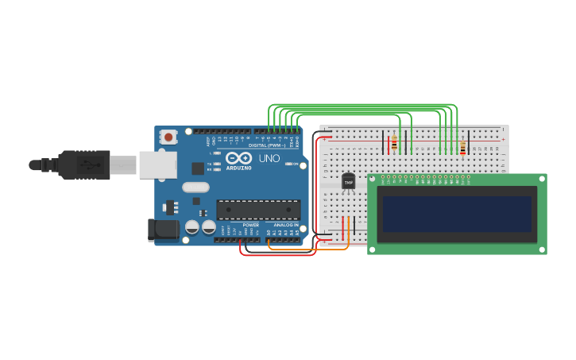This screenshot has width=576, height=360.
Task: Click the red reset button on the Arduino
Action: coord(168,137)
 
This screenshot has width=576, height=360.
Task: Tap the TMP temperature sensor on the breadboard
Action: coord(348,182)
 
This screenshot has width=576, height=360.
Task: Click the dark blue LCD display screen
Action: coord(457,214)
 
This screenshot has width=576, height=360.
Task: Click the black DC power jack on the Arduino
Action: coord(164,230)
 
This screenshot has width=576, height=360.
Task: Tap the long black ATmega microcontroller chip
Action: coord(258,210)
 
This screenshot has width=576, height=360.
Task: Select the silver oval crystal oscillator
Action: coord(195,188)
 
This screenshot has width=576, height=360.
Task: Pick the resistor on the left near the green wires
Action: coord(394,144)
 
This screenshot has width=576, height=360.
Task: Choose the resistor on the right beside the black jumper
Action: coord(462,148)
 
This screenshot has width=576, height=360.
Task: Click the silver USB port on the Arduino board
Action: coord(158,164)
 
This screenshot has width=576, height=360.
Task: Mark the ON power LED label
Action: coord(294,164)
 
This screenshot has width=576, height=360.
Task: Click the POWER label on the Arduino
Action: coord(250,226)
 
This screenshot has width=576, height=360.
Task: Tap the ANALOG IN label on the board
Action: coord(286,226)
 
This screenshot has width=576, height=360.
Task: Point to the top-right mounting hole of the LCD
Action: coord(541,180)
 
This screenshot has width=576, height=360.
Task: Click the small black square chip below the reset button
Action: coord(197,168)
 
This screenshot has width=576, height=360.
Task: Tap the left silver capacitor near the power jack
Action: coord(192,227)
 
